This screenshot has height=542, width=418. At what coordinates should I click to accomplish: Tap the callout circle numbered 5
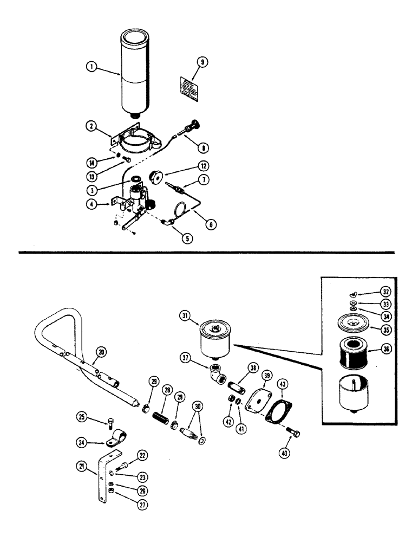[187, 237]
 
